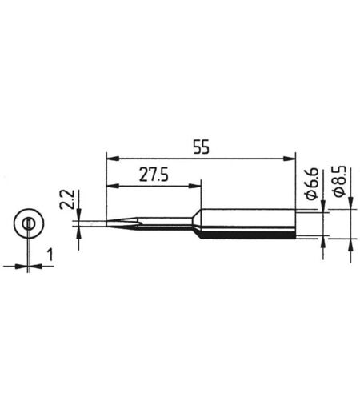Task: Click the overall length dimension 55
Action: [x=202, y=147]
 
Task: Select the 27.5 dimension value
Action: [x=154, y=175]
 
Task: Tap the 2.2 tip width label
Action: [x=66, y=199]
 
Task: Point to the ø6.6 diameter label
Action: [x=311, y=183]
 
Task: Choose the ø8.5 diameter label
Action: [x=339, y=181]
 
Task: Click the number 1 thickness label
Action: [x=50, y=255]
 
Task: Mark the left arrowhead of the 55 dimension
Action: [x=112, y=159]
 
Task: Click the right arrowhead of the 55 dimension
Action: [x=290, y=159]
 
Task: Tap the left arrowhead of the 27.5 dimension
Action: [x=112, y=186]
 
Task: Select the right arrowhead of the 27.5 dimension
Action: [x=195, y=186]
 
